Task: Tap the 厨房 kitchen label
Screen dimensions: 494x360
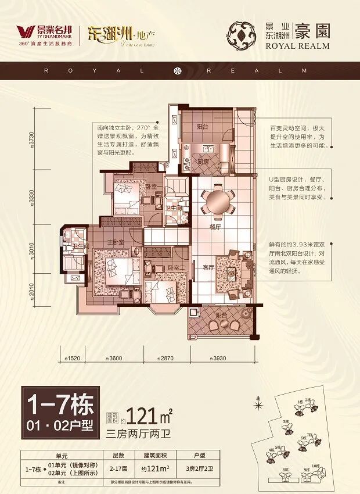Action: [x=203, y=162]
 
